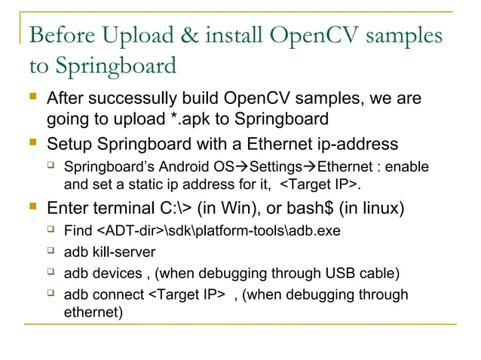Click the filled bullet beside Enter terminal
click(x=32, y=206)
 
